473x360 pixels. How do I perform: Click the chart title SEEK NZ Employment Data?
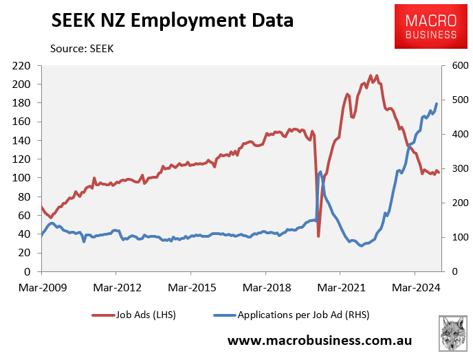[x=173, y=21]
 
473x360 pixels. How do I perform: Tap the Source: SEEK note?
[x=82, y=49]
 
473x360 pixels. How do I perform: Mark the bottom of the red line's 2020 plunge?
[x=318, y=236]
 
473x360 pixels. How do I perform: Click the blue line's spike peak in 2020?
[x=321, y=171]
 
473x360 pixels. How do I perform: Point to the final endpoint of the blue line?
[x=437, y=104]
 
